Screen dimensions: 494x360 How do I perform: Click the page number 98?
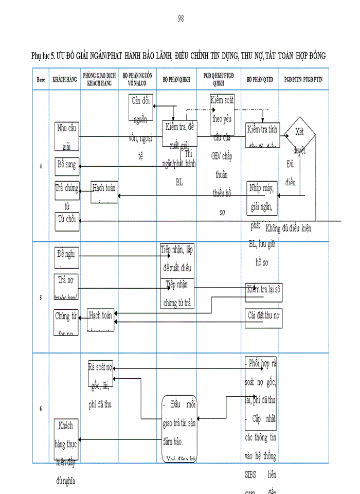point(181,19)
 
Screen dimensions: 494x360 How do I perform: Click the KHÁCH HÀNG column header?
point(65,79)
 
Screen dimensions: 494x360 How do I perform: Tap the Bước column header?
point(41,79)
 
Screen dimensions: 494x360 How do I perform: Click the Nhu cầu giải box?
point(67,135)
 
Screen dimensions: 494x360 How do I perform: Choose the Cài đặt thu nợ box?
point(263,314)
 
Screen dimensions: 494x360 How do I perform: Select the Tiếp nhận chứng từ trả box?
point(177,293)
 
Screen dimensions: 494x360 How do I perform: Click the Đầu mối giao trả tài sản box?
point(179,426)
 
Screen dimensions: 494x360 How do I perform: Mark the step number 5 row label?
point(41,297)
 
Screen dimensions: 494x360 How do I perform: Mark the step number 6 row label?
point(41,408)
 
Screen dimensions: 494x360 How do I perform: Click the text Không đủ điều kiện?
point(288,228)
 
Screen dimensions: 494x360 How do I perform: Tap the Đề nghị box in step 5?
point(67,257)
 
